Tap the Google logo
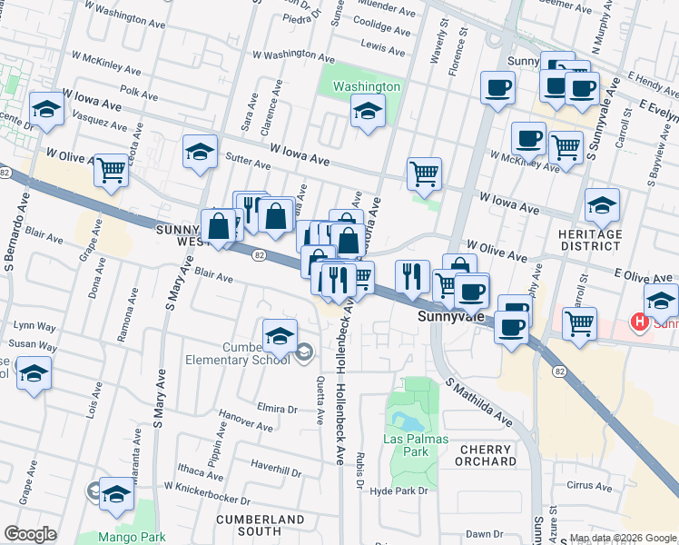pos(30,534)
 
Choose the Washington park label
pos(366,86)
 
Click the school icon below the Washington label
pos(368,112)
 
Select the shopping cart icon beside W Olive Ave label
pos(111,169)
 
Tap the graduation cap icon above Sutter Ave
pos(201,152)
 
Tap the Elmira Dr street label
pos(278,406)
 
